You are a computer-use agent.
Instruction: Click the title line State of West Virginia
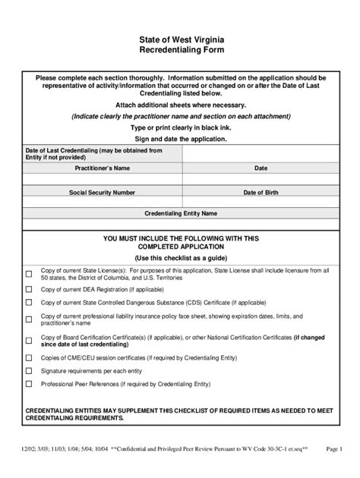point(180,38)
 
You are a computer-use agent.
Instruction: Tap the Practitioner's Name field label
point(102,167)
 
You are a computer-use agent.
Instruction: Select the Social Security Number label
point(102,193)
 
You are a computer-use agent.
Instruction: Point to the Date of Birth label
point(261,193)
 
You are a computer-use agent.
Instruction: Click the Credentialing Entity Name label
point(181,213)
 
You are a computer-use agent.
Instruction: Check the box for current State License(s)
point(29,275)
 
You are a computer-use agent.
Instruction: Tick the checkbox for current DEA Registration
point(29,290)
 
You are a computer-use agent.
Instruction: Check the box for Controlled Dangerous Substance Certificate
point(29,302)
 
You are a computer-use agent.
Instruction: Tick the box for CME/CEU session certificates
point(29,356)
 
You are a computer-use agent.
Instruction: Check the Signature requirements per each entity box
point(29,371)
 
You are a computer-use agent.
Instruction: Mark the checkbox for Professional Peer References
point(29,385)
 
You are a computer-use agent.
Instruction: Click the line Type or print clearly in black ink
point(180,128)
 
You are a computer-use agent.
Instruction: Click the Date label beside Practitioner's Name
point(261,167)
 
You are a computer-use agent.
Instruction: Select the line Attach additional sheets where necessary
point(180,104)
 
